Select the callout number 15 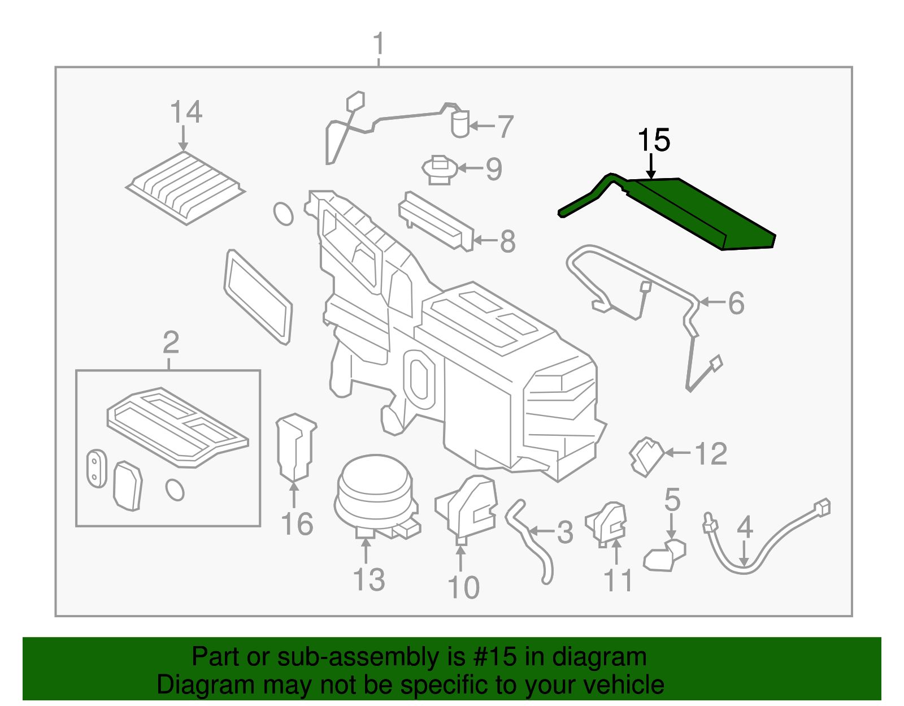(x=654, y=140)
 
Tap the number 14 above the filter (x=186, y=112)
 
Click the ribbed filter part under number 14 (x=185, y=187)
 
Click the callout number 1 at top (x=379, y=44)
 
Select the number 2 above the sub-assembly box (x=171, y=343)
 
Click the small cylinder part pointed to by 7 (x=460, y=124)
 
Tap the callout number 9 (x=494, y=168)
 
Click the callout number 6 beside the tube (x=736, y=303)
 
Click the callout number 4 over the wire (x=745, y=527)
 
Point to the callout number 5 (x=672, y=500)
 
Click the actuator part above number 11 (x=609, y=523)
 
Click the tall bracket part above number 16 (x=295, y=447)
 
